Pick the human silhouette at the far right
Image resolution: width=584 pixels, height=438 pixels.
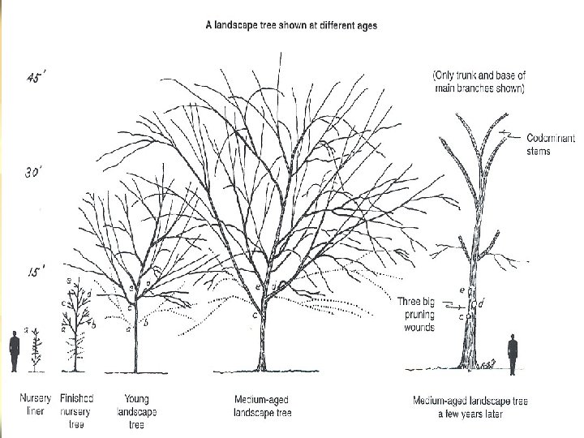coord(512,354)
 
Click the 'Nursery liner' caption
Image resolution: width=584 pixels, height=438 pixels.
coord(35,405)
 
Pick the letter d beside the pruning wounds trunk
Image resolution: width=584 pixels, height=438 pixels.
coord(482,303)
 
